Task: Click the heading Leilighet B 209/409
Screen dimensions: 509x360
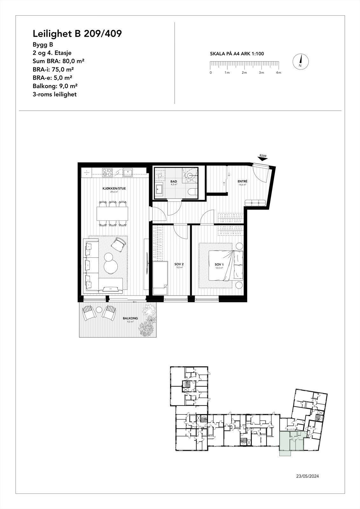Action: (77, 34)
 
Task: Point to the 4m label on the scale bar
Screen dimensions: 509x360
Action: (279, 73)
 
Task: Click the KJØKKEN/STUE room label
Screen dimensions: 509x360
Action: (114, 188)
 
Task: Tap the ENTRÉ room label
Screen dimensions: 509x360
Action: (242, 181)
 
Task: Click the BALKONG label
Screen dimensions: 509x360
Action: (130, 318)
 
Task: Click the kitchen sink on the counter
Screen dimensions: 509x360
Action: (128, 172)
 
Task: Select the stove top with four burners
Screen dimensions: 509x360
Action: (107, 172)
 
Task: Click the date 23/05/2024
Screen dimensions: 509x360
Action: (307, 476)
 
